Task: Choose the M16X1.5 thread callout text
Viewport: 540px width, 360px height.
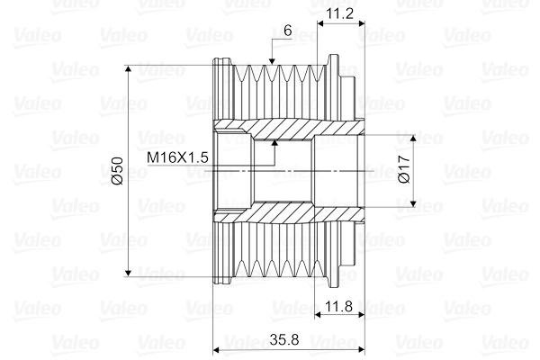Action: coord(178,157)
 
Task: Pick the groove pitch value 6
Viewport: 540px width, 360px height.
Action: coord(287,30)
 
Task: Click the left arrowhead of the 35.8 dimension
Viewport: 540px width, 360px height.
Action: coord(215,348)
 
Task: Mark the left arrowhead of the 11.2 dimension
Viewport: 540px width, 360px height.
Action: coord(322,24)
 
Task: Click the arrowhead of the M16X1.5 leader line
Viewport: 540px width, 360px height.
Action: coord(274,143)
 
